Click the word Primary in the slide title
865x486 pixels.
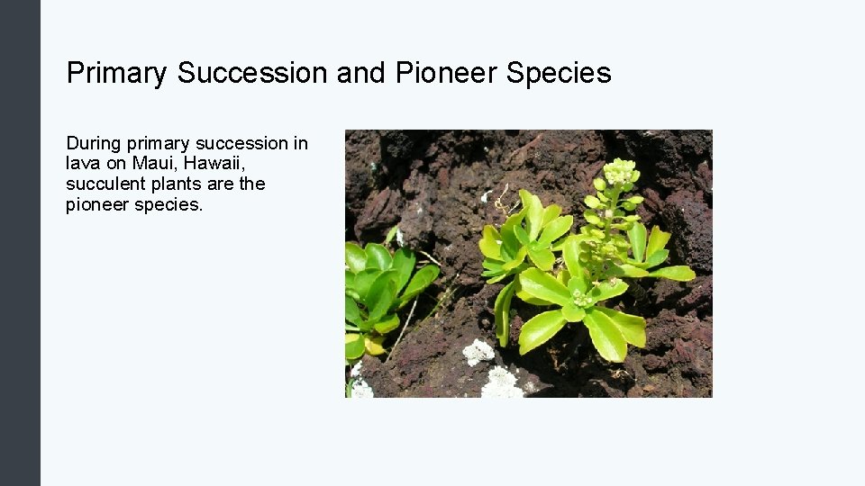click(x=116, y=73)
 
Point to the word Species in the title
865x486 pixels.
click(x=559, y=73)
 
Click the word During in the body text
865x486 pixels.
click(x=93, y=143)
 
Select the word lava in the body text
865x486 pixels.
click(x=82, y=163)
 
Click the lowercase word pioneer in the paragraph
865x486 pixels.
click(x=96, y=204)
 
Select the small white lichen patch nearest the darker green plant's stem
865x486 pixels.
click(x=478, y=352)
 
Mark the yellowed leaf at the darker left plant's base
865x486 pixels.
click(x=373, y=345)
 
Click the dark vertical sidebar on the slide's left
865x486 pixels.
click(x=20, y=243)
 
